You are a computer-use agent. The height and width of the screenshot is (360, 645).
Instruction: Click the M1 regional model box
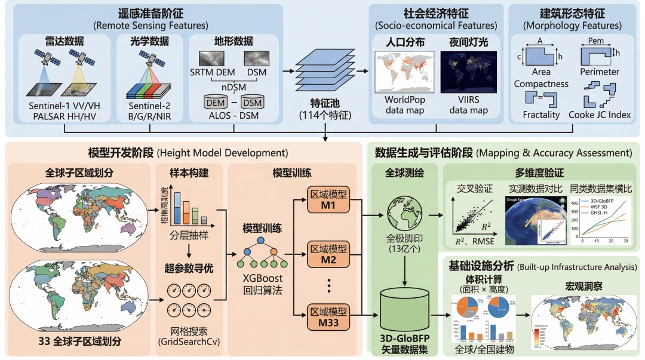(x=327, y=200)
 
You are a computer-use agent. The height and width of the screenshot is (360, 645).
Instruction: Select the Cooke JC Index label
(x=599, y=114)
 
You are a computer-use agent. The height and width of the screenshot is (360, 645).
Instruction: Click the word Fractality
(x=541, y=114)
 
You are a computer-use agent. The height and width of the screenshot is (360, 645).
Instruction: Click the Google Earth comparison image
(x=535, y=219)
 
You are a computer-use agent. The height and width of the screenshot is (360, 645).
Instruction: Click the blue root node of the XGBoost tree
(x=261, y=241)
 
